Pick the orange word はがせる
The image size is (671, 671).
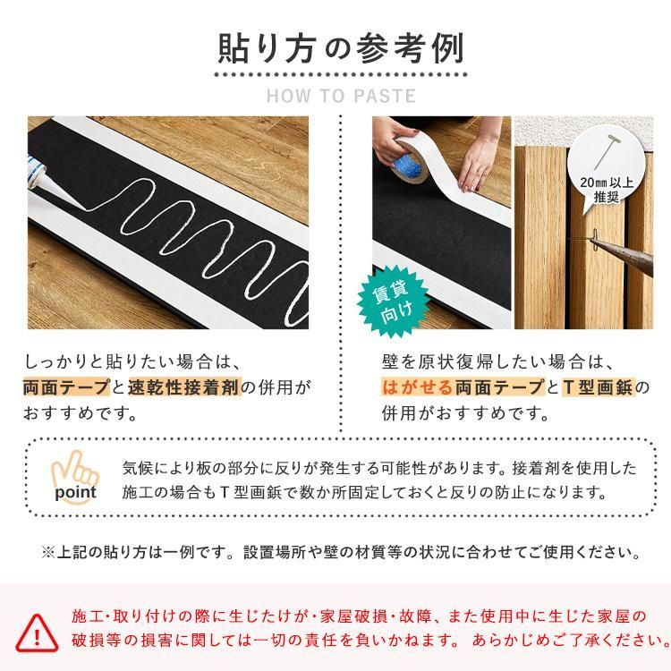coord(417,388)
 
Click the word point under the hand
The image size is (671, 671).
coord(75,493)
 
